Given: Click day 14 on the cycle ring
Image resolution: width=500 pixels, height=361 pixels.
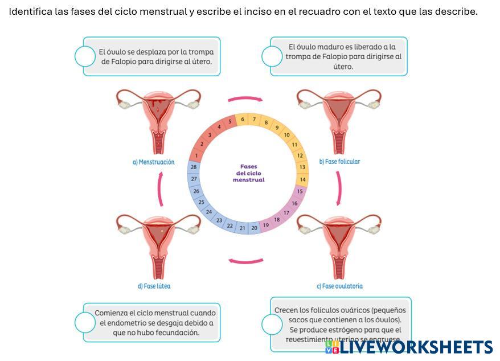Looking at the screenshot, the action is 303,179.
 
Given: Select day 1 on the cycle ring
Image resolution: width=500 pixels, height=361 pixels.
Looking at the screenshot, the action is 196,155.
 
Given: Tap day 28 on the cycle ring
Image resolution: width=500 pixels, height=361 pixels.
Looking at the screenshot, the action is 194,167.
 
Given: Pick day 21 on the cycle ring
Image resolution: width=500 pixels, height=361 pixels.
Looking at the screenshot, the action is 242,228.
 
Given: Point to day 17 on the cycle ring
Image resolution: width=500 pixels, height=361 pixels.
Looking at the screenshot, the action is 286,213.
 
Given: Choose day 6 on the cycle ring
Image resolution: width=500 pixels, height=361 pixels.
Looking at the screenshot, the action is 243,119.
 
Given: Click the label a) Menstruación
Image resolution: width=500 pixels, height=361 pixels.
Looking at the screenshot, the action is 153,162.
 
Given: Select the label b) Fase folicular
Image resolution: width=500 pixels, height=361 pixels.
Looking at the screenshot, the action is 339,161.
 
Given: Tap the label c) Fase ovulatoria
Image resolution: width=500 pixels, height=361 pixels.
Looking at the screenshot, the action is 339,286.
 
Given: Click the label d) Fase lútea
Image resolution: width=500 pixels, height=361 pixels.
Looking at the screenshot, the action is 154,286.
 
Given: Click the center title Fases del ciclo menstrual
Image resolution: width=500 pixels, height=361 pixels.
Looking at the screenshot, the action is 248,173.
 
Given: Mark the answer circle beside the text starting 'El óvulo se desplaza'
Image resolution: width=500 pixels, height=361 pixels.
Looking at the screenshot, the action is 85,56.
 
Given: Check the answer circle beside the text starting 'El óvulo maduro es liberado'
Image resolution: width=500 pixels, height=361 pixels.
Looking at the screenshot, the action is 272,56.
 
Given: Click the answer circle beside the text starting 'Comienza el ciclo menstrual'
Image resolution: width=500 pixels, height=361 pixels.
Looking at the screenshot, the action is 85,322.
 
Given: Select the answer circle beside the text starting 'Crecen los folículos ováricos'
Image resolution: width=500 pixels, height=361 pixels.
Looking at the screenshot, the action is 272,325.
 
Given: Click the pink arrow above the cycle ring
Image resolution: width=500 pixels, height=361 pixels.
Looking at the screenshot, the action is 245,99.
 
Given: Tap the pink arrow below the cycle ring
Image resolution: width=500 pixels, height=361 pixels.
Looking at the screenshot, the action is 245,261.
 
